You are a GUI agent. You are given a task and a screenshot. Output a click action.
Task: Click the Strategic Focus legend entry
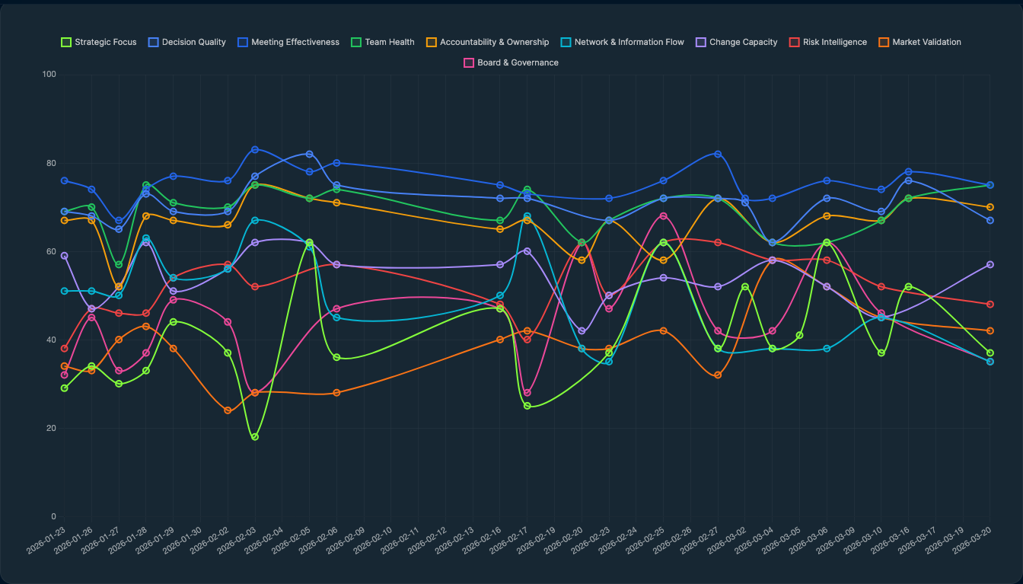pyautogui.click(x=99, y=42)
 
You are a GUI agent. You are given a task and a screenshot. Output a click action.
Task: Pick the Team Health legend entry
pyautogui.click(x=382, y=42)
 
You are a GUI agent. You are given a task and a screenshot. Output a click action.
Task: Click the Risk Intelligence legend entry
pyautogui.click(x=827, y=42)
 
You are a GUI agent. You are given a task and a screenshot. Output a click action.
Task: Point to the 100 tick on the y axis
pyautogui.click(x=49, y=75)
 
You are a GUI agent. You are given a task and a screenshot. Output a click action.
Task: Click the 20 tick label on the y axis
pyautogui.click(x=51, y=428)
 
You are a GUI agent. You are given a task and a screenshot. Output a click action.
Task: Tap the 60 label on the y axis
pyautogui.click(x=51, y=251)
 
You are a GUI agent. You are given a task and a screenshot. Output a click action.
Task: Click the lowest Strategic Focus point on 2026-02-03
pyautogui.click(x=255, y=437)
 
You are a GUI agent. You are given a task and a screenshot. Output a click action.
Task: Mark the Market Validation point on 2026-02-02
pyautogui.click(x=228, y=410)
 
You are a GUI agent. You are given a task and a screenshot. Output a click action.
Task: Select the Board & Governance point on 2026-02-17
pyautogui.click(x=527, y=393)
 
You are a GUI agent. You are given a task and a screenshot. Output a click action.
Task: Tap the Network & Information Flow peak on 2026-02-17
pyautogui.click(x=527, y=216)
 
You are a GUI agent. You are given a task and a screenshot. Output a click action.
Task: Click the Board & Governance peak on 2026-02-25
pyautogui.click(x=663, y=216)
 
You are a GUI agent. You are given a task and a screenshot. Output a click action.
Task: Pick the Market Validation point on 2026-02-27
pyautogui.click(x=718, y=375)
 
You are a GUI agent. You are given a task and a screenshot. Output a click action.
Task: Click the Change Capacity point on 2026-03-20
pyautogui.click(x=990, y=264)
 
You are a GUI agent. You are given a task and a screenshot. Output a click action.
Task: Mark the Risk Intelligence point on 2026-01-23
pyautogui.click(x=65, y=349)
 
